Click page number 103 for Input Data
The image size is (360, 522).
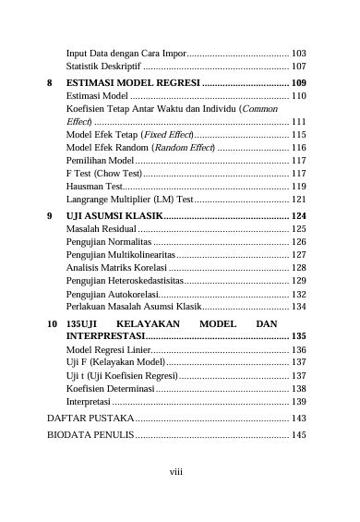tap(299, 55)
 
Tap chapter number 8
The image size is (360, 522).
tap(50, 83)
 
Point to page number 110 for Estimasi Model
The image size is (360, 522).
tap(299, 96)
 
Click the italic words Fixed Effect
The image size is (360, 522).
tap(171, 135)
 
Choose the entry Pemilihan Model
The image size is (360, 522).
tap(102, 161)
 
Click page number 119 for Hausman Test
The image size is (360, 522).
tap(299, 187)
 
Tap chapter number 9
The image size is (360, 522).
tap(50, 215)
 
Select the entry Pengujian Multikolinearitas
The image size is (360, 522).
tap(120, 254)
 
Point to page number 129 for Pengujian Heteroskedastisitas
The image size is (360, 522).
tap(299, 280)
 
